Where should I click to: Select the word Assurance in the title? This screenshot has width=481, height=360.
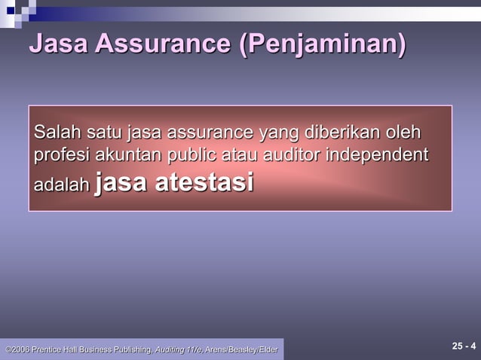pyautogui.click(x=166, y=44)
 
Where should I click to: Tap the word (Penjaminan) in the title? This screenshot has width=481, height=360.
pyautogui.click(x=322, y=44)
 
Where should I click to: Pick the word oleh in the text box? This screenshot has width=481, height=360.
pyautogui.click(x=404, y=134)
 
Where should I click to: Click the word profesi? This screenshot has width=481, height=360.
pyautogui.click(x=61, y=156)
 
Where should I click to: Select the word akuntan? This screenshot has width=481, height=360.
pyautogui.click(x=124, y=156)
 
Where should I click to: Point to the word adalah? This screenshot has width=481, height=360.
pyautogui.click(x=61, y=185)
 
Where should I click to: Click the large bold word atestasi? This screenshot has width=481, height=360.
pyautogui.click(x=204, y=182)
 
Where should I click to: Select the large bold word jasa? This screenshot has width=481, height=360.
pyautogui.click(x=123, y=182)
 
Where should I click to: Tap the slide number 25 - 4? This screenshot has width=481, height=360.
pyautogui.click(x=463, y=346)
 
